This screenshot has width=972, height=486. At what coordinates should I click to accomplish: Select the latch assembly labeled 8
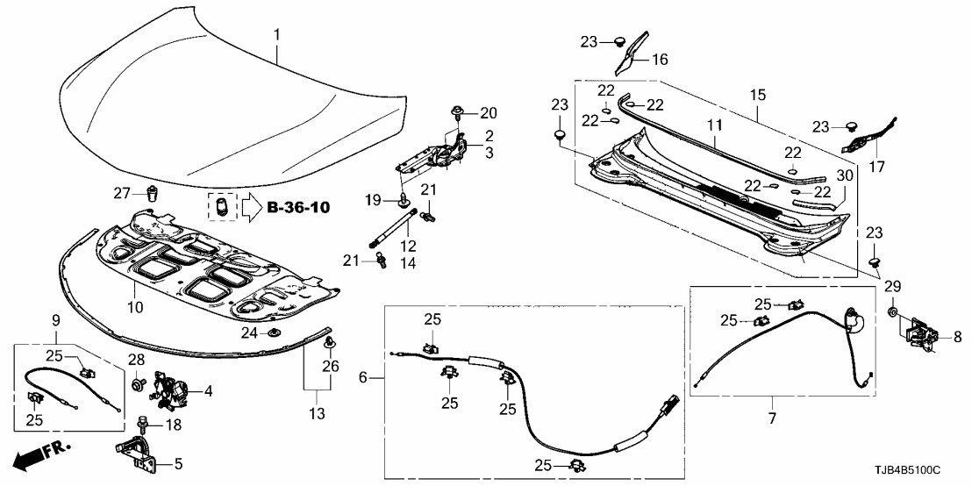[921, 334]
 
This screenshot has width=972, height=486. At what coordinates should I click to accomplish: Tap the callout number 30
[846, 175]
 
